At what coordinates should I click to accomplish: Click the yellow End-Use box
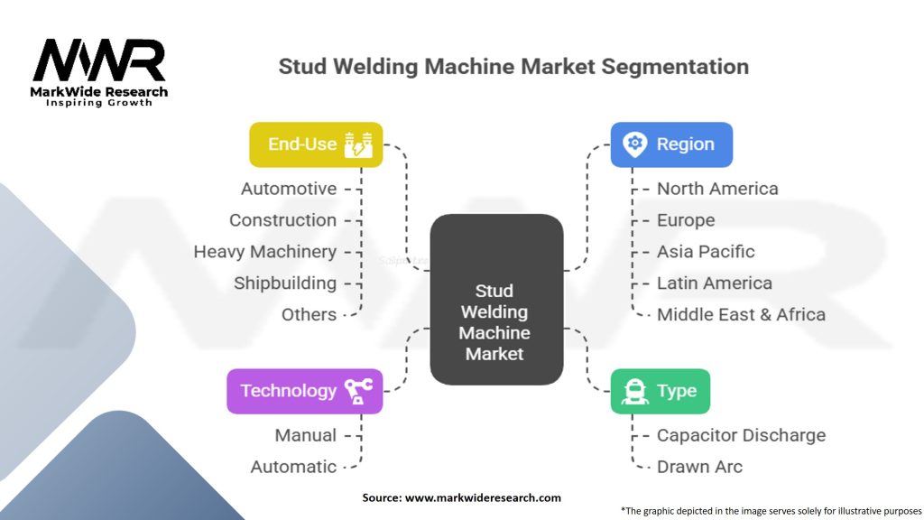coord(316,144)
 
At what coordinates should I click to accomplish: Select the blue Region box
coord(671,144)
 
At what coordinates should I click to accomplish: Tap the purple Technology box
coord(304,391)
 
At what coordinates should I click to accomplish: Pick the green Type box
coord(660,391)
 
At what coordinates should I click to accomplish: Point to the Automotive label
coord(289,189)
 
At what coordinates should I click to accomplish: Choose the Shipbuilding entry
coord(285,283)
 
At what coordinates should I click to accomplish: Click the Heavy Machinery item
coord(265,251)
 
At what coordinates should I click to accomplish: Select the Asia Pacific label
coord(706,251)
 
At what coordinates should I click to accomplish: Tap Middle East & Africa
coord(741,314)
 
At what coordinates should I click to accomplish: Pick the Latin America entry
coord(714,283)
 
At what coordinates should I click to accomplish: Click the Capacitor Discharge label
coord(741,435)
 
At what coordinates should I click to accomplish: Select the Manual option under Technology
coord(306,435)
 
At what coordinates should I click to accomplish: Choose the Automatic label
coord(293,467)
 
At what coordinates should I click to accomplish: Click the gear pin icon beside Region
coord(635,144)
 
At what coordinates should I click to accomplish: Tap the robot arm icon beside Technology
coord(358,391)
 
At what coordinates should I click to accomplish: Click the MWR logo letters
coord(99,61)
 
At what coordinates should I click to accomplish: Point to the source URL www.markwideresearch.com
coord(484,497)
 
